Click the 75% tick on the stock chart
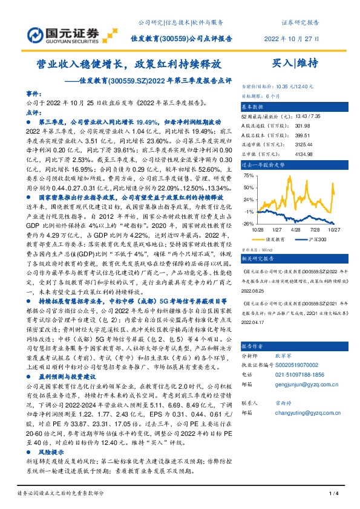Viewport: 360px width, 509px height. (x=247, y=176)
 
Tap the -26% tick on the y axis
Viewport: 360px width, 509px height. (x=247, y=223)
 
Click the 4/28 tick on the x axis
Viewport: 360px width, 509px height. (x=296, y=230)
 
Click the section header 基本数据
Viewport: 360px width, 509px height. (x=255, y=105)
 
